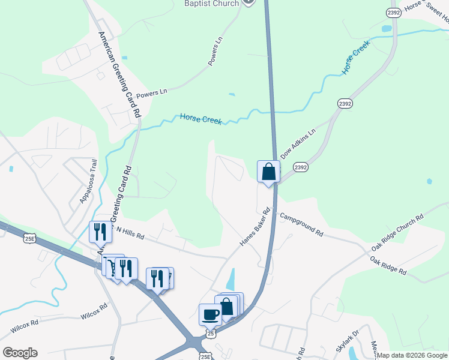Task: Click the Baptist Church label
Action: click(x=211, y=4)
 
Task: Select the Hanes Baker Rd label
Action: click(x=256, y=227)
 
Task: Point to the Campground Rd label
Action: click(x=301, y=224)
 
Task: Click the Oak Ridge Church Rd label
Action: click(x=397, y=232)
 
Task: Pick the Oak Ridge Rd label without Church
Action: click(x=388, y=266)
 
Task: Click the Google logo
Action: click(x=20, y=353)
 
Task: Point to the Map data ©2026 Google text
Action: click(x=412, y=355)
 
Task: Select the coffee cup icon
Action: click(x=210, y=314)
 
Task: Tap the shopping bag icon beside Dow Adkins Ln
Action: click(x=269, y=172)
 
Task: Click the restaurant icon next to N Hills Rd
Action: click(x=100, y=232)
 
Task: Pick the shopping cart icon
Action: click(x=111, y=265)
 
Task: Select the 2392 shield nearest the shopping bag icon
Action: click(x=301, y=167)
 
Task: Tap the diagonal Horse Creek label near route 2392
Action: click(x=355, y=62)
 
